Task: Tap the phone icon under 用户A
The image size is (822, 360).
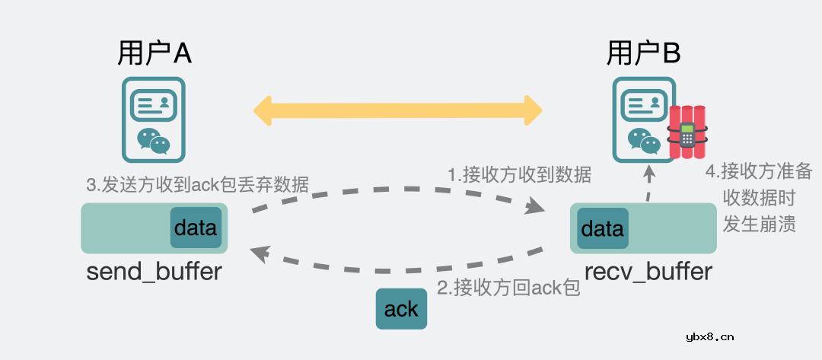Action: (x=155, y=120)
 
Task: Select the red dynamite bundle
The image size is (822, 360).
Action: (x=687, y=133)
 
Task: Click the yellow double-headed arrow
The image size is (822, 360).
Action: (x=397, y=110)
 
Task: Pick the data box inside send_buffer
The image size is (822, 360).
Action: (x=196, y=228)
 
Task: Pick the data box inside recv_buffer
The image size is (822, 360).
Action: (x=603, y=228)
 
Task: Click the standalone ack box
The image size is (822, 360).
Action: (x=401, y=309)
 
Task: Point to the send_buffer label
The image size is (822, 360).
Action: (x=154, y=271)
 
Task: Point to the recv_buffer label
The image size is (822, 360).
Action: (x=648, y=271)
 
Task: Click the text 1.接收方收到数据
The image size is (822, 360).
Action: (x=519, y=174)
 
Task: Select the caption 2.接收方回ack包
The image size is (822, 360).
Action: (x=508, y=288)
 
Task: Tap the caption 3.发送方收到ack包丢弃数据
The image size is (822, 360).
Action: (x=197, y=183)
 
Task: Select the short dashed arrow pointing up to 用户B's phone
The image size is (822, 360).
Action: (x=649, y=184)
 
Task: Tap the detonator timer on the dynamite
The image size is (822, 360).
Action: (x=687, y=135)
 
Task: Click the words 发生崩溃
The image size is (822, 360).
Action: (x=759, y=224)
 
